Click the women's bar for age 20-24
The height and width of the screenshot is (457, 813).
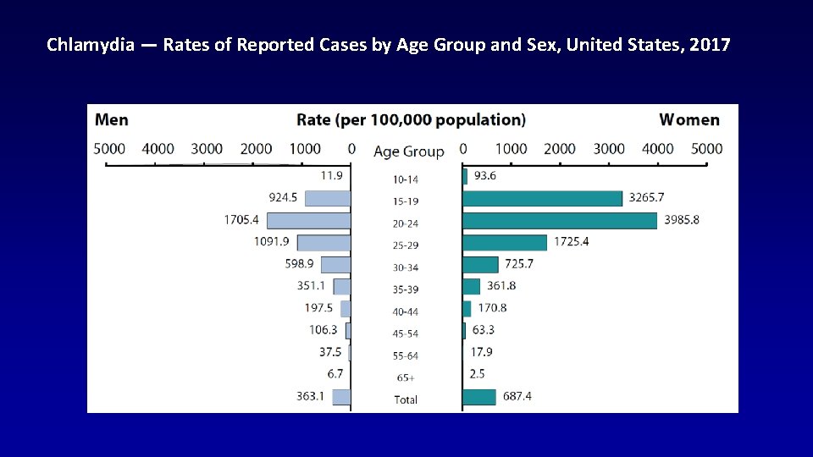(x=559, y=220)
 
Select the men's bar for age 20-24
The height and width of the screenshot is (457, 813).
(x=308, y=220)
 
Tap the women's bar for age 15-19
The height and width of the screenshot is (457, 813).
(x=542, y=198)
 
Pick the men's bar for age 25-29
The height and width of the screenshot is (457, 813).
(x=324, y=242)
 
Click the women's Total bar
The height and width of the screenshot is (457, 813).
(x=479, y=397)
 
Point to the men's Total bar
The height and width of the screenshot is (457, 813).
(x=341, y=397)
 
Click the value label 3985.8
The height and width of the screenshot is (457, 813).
(x=682, y=220)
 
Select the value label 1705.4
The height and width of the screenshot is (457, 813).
(x=241, y=220)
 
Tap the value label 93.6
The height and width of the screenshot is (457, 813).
(x=485, y=176)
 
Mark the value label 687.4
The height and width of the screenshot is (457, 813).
(x=517, y=396)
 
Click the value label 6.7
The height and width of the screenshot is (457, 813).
(x=335, y=374)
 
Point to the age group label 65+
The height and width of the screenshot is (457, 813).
(x=406, y=377)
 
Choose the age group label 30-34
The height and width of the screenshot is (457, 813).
(x=406, y=267)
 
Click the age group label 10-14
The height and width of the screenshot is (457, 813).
(x=406, y=179)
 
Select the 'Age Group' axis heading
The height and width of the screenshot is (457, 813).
(x=408, y=151)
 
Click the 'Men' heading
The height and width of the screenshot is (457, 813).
(x=112, y=120)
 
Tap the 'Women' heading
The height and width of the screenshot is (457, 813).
(x=689, y=120)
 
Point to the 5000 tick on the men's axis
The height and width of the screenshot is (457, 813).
(x=109, y=149)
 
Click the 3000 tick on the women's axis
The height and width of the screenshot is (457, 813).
(x=609, y=149)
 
